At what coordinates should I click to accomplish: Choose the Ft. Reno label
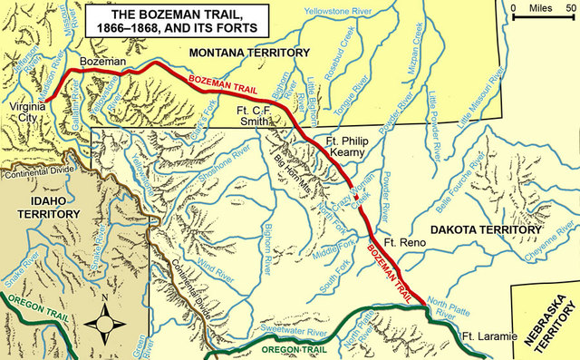[x=404, y=245]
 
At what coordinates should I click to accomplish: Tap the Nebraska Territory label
[x=543, y=322]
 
